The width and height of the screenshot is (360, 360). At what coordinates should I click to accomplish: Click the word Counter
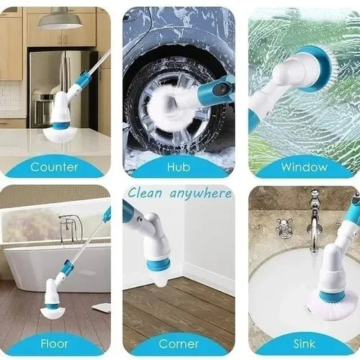pyautogui.click(x=54, y=167)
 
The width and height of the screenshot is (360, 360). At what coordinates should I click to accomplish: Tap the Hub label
pyautogui.click(x=179, y=167)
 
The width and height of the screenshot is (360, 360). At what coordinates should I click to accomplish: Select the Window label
pyautogui.click(x=305, y=167)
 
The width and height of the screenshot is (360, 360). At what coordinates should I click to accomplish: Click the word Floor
pyautogui.click(x=54, y=343)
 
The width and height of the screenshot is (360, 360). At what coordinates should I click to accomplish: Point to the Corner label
pyautogui.click(x=179, y=343)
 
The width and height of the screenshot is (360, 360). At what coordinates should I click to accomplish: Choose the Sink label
pyautogui.click(x=304, y=343)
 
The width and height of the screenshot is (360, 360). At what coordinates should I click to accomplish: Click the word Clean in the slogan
pyautogui.click(x=145, y=194)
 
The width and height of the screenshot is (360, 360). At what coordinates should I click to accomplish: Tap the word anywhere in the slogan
pyautogui.click(x=201, y=194)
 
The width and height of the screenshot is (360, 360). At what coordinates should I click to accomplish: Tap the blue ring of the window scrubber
pyautogui.click(x=315, y=68)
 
